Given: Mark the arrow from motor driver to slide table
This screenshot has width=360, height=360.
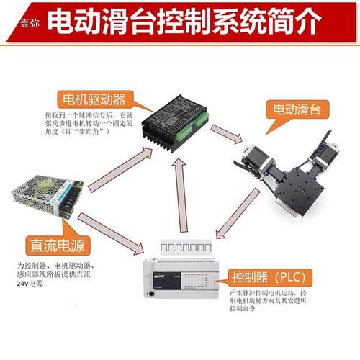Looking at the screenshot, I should (x=229, y=135).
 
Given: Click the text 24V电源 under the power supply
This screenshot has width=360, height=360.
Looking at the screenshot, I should (x=27, y=283).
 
